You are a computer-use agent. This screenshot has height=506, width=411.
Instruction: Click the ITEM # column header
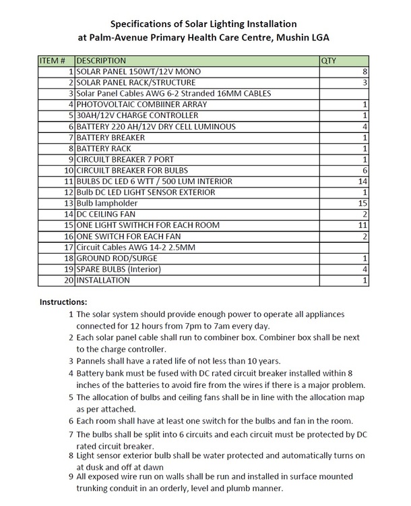click(x=53, y=60)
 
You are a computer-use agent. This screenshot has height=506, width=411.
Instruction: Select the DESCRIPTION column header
click(x=102, y=60)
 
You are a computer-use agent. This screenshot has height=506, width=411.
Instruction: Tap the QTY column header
click(x=329, y=60)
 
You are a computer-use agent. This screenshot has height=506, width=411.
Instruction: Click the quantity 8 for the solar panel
click(x=365, y=71)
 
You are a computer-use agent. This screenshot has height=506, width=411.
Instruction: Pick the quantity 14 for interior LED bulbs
click(x=362, y=181)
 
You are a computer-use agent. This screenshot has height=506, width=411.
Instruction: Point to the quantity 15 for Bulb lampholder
click(x=362, y=203)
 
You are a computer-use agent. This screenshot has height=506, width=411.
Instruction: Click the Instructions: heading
click(x=63, y=301)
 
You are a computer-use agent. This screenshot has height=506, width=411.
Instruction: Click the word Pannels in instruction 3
click(x=93, y=361)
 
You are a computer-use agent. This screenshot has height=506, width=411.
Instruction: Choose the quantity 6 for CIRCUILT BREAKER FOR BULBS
click(x=365, y=170)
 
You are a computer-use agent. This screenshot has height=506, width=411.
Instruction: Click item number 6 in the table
click(x=70, y=126)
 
